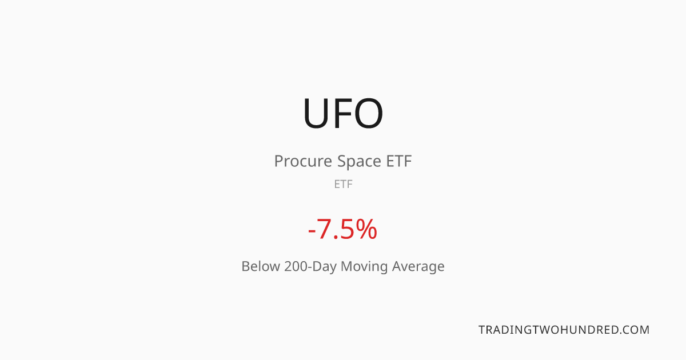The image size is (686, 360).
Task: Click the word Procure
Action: (x=303, y=161)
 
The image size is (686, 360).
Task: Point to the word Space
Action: (x=359, y=162)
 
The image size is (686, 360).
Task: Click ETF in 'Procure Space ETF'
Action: (x=399, y=161)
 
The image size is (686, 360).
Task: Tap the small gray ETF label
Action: (x=344, y=184)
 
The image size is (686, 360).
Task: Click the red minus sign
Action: (x=312, y=230)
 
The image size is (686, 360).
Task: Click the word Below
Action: (x=261, y=266)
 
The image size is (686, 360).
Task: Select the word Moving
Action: (x=364, y=267)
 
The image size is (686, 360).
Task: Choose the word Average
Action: (x=418, y=267)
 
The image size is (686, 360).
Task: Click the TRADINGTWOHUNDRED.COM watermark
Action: (x=564, y=330)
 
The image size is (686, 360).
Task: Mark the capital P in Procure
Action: (x=279, y=161)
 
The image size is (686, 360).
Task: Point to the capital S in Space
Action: (x=341, y=161)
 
